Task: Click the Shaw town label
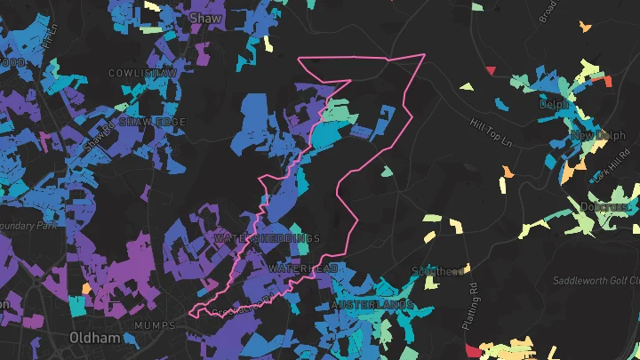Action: [x=205, y=18]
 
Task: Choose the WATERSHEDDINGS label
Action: [x=268, y=239]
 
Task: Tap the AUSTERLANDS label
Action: [x=372, y=305]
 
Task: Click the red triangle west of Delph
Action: [x=490, y=69]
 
